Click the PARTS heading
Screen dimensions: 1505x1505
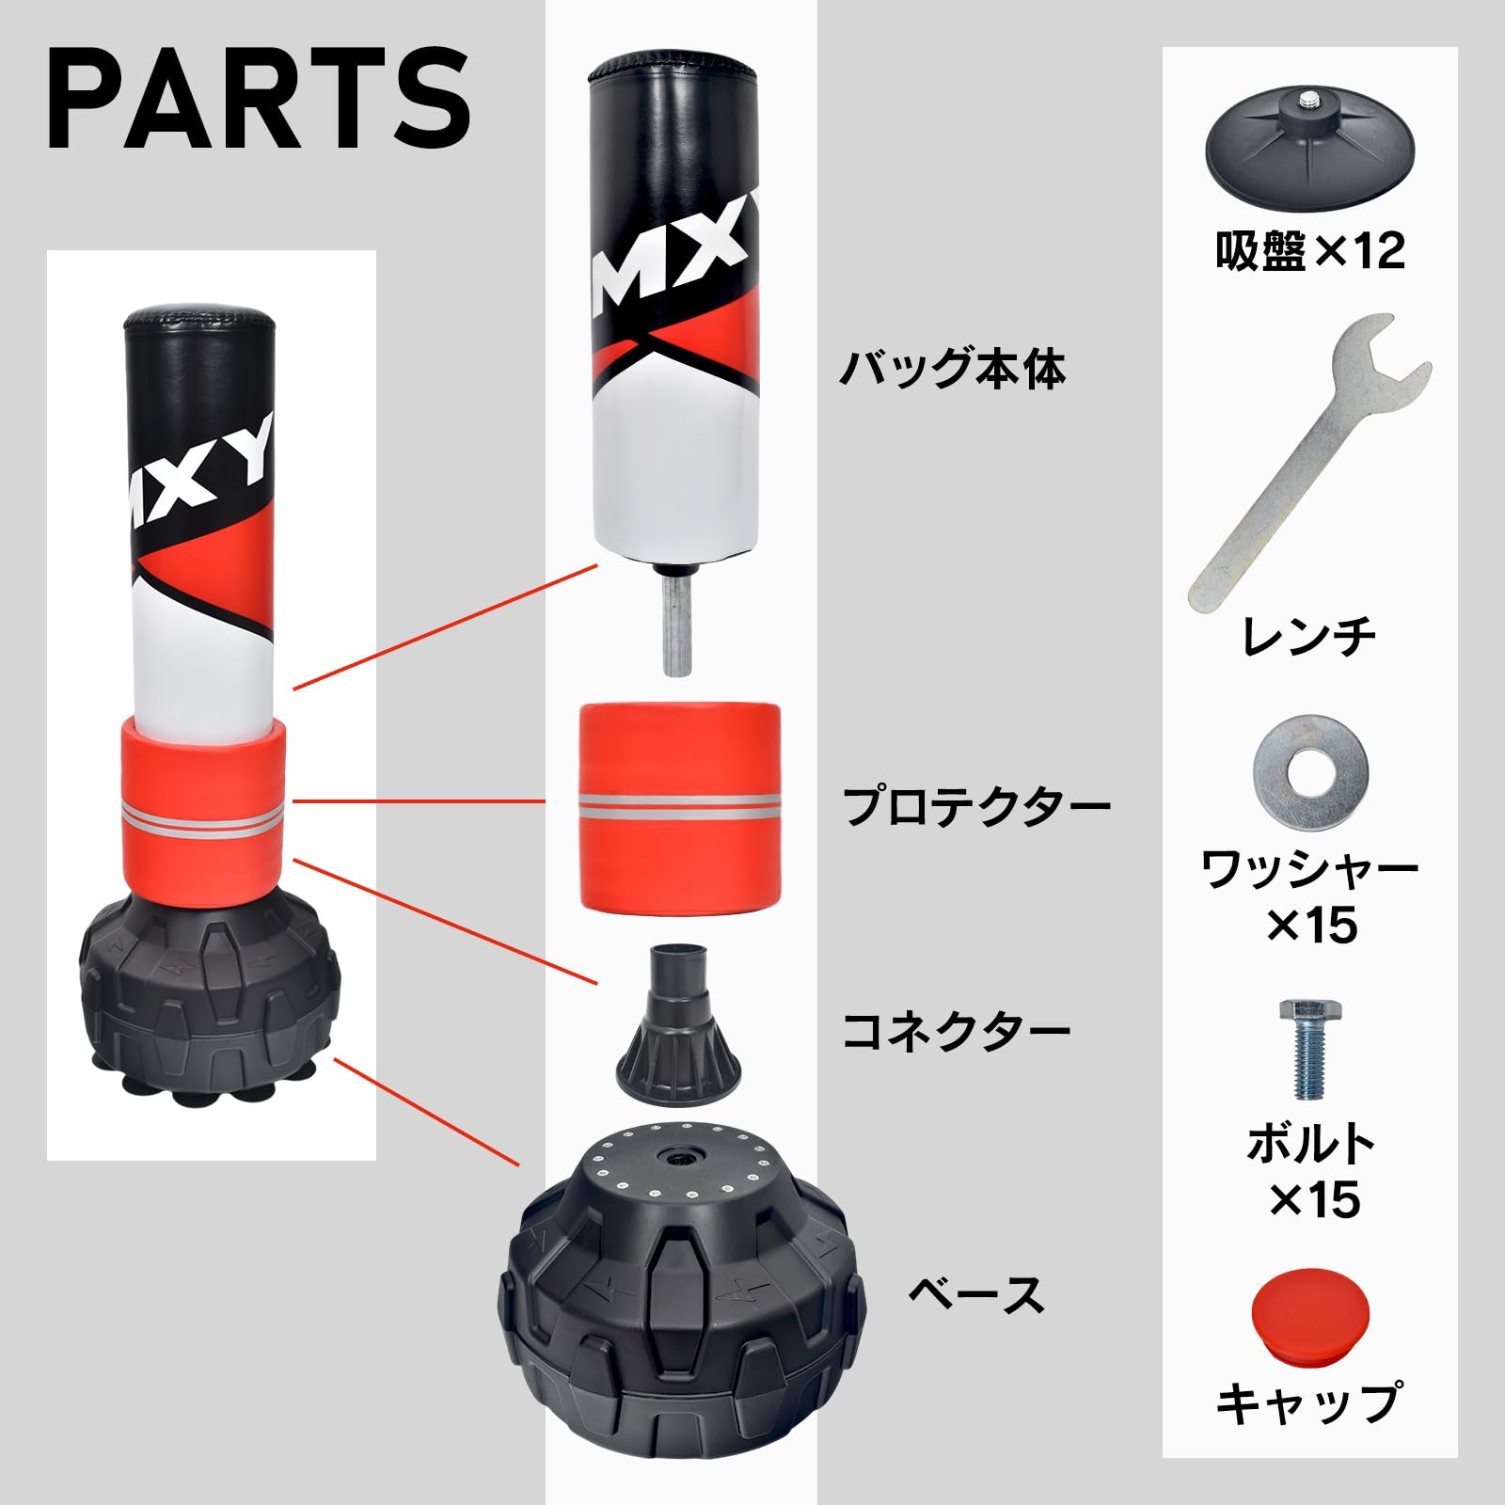tap(259, 97)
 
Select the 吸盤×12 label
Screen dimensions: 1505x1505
tap(1309, 250)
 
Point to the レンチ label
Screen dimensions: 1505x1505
tap(1309, 637)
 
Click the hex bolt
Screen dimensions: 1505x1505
tap(1307, 1048)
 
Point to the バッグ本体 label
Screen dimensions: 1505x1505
tap(952, 369)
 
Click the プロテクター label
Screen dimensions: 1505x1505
tap(975, 806)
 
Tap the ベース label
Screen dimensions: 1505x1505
tap(975, 1295)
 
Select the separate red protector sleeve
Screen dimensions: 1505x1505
tap(679, 805)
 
